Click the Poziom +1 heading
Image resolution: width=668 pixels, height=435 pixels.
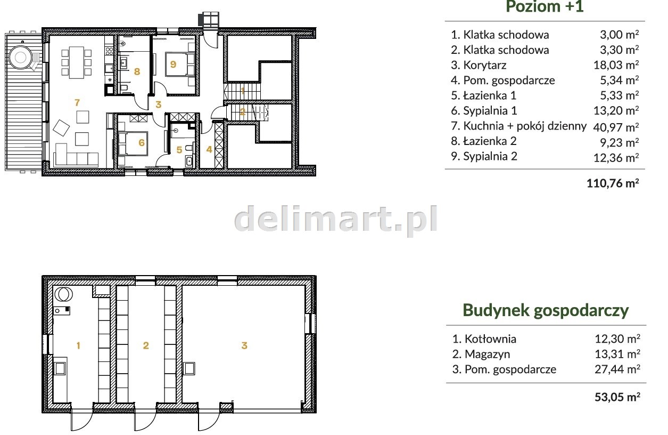pos(545,6)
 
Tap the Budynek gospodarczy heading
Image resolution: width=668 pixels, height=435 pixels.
pos(546,311)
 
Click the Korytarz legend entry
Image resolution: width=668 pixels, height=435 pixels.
pos(479,65)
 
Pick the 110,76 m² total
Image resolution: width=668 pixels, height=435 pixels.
pos(613,183)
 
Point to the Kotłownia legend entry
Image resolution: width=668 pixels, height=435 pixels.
pos(484,339)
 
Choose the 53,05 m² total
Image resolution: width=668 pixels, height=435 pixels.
pos(617,397)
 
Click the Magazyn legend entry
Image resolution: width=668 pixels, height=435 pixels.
pos(481,354)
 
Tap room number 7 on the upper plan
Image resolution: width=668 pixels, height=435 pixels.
pos(77,102)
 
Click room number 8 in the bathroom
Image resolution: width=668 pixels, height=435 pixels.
pos(137,71)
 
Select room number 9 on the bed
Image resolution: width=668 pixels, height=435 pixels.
pos(174,64)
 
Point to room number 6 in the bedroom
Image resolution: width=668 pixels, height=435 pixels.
pos(142,142)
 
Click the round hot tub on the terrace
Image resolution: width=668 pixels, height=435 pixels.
pos(21,57)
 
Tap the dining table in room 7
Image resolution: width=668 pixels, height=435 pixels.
pos(76,62)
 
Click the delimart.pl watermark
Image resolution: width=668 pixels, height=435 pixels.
pos(336,220)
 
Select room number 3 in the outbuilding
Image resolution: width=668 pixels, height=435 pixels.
pos(244,345)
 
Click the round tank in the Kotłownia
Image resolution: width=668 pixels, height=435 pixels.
pos(63,294)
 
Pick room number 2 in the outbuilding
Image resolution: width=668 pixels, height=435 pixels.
pos(146,345)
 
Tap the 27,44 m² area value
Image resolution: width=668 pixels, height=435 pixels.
pos(617,369)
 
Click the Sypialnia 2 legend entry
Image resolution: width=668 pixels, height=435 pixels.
pos(484,156)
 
